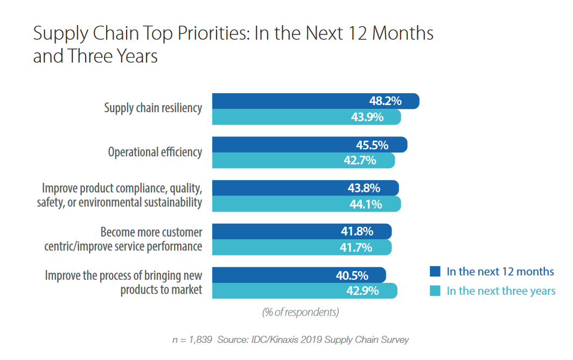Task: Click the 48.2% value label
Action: click(385, 101)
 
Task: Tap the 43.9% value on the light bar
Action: click(367, 117)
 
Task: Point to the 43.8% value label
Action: click(364, 189)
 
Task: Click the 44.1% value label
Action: click(366, 204)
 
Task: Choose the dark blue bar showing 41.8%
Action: click(302, 232)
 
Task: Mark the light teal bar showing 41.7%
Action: click(302, 247)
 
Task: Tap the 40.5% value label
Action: click(352, 275)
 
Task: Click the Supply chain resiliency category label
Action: click(153, 108)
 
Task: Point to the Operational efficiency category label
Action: click(155, 152)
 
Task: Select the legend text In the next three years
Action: click(501, 291)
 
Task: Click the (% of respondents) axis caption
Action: click(301, 312)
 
